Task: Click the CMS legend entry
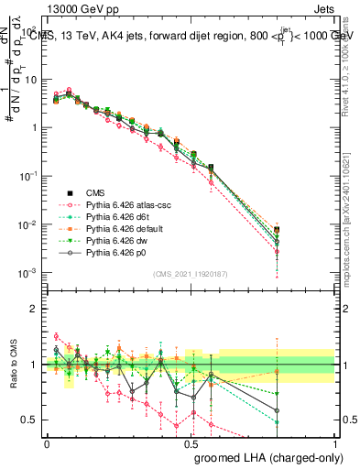click(x=96, y=192)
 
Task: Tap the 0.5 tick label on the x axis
click(x=191, y=443)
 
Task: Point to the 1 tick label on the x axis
click(x=335, y=443)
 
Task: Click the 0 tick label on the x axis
click(x=47, y=443)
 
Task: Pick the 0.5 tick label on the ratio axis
click(x=28, y=420)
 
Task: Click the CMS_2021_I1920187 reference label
click(x=191, y=274)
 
